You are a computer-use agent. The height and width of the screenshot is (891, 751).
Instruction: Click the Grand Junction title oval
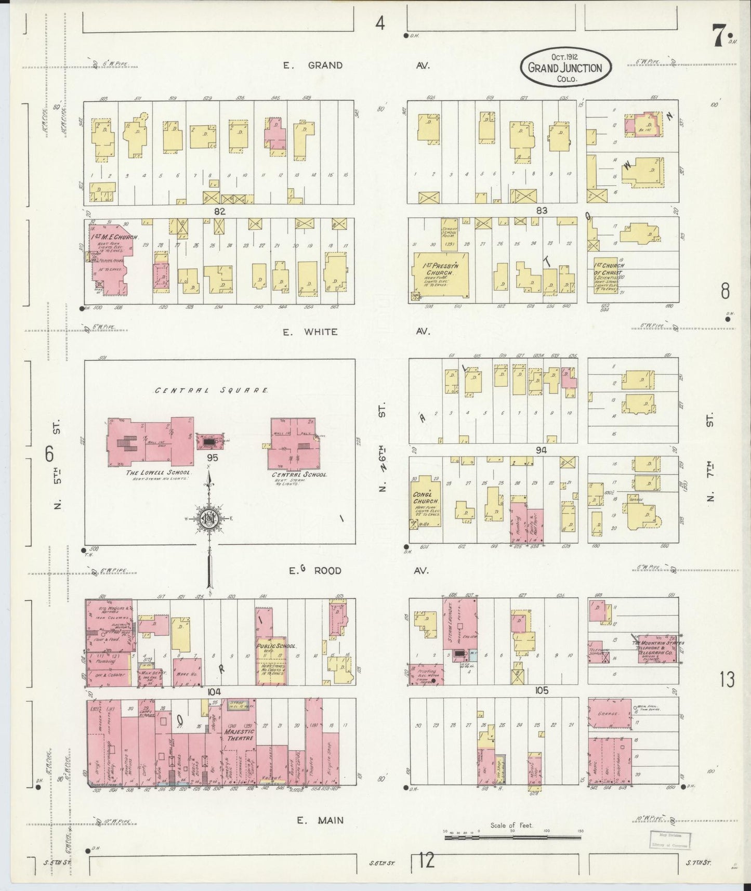(x=566, y=68)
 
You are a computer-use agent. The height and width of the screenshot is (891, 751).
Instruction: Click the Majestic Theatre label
(x=239, y=734)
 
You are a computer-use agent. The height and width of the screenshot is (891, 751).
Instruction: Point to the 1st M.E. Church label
(x=115, y=237)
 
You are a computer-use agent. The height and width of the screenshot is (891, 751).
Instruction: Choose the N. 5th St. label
(x=58, y=464)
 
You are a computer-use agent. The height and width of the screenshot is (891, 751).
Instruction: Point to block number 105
(x=541, y=691)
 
